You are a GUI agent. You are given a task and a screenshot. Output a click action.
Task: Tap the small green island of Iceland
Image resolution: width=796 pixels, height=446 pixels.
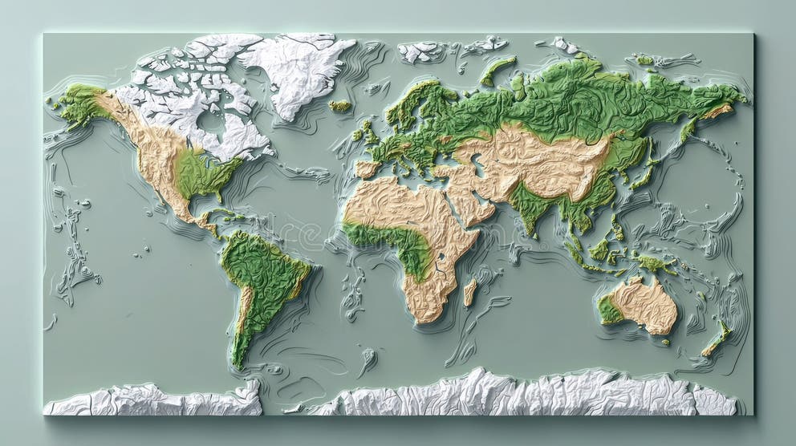coord(340,106)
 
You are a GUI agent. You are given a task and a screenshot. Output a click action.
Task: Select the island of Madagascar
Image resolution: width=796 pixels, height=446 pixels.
coord(469,292)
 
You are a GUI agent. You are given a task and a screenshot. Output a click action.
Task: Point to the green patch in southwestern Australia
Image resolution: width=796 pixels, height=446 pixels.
coord(609,310)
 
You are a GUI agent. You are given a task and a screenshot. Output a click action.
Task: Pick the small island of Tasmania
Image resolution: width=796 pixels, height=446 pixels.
coord(665,343)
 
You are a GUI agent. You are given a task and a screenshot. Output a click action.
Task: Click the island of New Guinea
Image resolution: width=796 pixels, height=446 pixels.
coord(654,263)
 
